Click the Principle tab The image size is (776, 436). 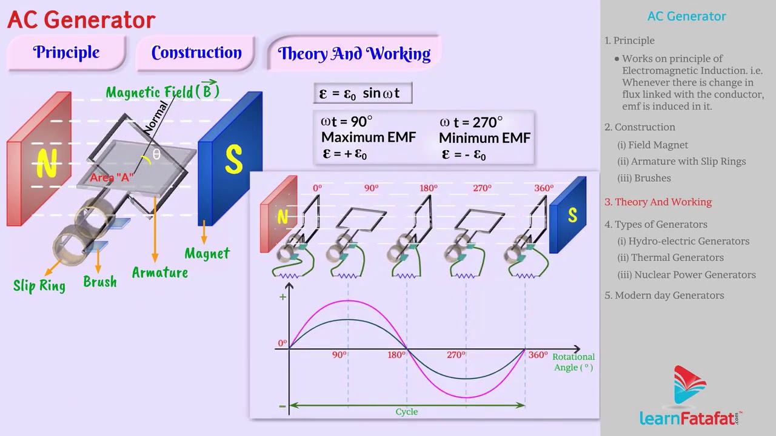click(66, 53)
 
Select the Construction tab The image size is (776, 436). click(196, 53)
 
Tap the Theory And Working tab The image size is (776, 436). click(354, 54)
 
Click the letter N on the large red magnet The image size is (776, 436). click(47, 163)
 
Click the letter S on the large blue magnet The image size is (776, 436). click(233, 159)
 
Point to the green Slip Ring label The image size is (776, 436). click(39, 285)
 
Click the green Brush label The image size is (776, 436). click(100, 282)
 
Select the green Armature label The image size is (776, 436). click(160, 272)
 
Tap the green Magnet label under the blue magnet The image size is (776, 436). click(207, 254)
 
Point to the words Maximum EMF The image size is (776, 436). click(369, 137)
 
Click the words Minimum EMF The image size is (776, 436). click(484, 138)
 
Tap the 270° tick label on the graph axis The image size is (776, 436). click(456, 355)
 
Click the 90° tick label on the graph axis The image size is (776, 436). click(339, 355)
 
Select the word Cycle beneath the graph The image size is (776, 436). click(407, 412)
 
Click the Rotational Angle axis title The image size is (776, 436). click(574, 362)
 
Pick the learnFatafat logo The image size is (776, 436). click(691, 396)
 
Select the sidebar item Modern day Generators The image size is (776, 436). click(669, 296)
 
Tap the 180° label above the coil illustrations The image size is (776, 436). click(428, 188)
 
